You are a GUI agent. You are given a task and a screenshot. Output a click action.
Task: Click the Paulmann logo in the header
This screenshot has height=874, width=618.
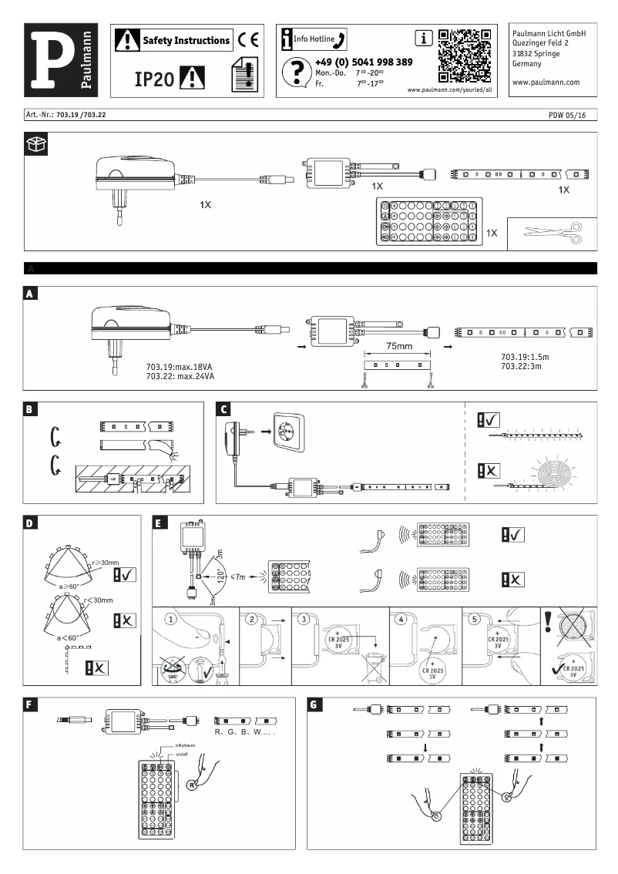(x=61, y=59)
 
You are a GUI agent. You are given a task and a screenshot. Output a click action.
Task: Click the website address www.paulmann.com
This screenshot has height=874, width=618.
(x=546, y=81)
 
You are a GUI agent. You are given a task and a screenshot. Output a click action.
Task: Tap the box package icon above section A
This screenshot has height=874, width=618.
(x=35, y=143)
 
